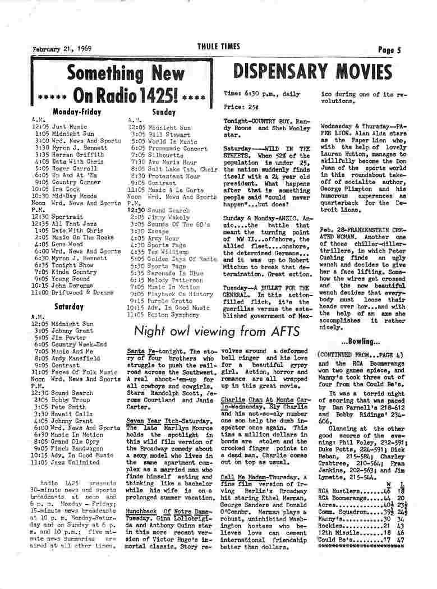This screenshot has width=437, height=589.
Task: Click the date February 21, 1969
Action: pos(62,49)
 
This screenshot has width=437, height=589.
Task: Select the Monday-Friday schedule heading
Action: pos(77,112)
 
